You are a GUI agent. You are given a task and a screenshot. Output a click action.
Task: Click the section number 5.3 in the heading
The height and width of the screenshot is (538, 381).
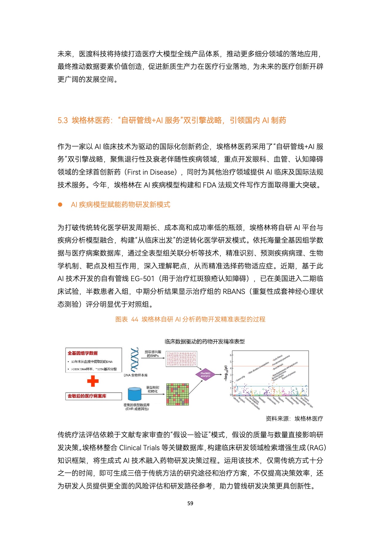63,120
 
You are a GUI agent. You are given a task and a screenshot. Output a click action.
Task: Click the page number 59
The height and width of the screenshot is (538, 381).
190,503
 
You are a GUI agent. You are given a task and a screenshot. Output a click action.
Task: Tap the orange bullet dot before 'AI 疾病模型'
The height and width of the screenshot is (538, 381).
60,205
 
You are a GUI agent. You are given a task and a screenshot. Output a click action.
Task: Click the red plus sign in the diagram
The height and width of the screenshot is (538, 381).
93,381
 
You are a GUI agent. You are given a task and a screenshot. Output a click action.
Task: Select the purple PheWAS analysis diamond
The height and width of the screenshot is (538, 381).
205,375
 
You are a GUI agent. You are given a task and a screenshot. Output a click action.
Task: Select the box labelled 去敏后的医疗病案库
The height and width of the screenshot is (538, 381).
89,396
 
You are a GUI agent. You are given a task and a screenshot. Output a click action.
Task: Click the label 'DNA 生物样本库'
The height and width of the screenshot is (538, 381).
136,375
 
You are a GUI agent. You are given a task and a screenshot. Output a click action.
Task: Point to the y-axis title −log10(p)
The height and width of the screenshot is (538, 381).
226,373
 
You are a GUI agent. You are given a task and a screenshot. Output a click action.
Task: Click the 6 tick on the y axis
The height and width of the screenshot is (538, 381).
231,355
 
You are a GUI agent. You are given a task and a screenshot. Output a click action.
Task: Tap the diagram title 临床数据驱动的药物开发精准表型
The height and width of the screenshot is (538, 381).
205,342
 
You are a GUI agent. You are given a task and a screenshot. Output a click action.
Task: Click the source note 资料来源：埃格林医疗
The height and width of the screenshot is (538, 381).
294,419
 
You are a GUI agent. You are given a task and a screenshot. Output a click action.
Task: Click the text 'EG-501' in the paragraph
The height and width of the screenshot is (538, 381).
142,279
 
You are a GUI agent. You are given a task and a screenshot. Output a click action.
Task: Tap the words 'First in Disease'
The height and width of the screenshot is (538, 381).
152,172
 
